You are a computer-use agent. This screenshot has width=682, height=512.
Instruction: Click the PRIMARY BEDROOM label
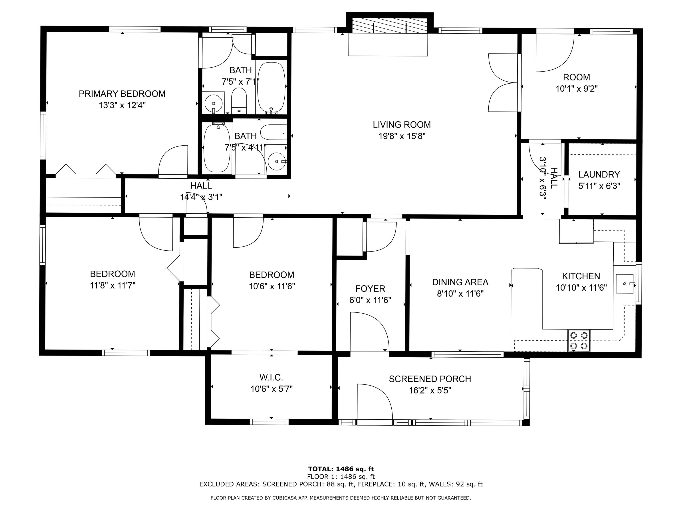point(122,94)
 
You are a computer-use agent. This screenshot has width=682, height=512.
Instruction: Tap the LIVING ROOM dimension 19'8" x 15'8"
point(402,136)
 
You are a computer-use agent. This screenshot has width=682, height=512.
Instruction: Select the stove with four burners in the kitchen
point(579,340)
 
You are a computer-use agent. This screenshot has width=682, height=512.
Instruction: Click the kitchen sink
point(624,284)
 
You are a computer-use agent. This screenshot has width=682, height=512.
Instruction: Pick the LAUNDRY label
point(599,175)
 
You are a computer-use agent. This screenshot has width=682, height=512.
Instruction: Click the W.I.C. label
point(271,377)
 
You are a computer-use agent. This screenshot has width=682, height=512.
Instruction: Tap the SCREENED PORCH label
point(430,379)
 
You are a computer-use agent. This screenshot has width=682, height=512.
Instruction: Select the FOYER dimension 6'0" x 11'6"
point(370,300)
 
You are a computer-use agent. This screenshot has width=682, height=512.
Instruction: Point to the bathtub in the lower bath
point(217,148)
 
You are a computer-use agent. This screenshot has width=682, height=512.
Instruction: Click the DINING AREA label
point(460,282)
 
